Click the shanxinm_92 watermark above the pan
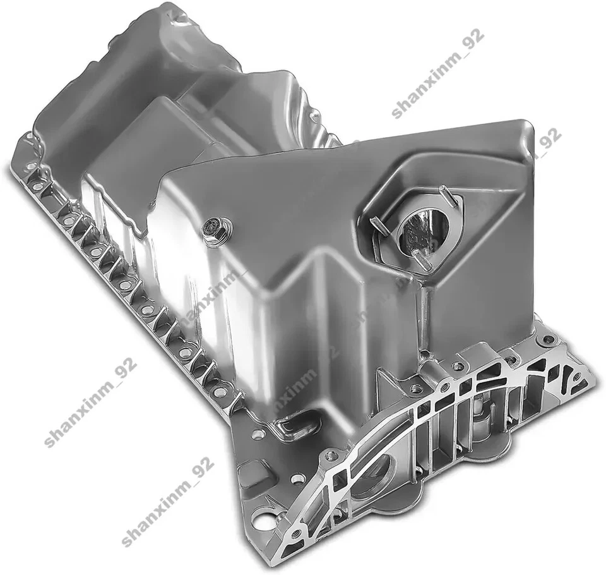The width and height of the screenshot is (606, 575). (437, 74)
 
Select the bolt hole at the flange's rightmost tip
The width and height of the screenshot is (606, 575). (576, 377)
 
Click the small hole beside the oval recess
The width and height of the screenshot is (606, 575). (258, 435)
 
